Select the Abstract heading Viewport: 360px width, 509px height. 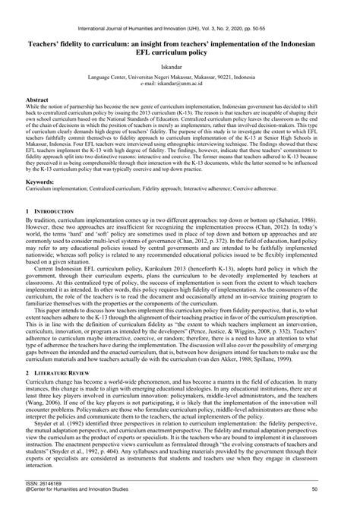tap(37, 100)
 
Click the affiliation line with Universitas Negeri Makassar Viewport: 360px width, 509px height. tap(180, 77)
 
